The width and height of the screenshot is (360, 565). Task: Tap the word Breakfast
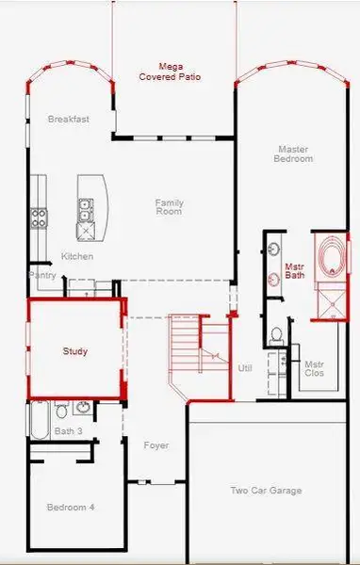pyautogui.click(x=68, y=120)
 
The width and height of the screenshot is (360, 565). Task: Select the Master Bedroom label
pyautogui.click(x=295, y=153)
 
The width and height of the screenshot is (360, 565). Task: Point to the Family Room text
pyautogui.click(x=170, y=206)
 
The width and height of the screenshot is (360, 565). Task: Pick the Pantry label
pyautogui.click(x=43, y=276)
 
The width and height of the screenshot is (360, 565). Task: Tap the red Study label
pyautogui.click(x=75, y=351)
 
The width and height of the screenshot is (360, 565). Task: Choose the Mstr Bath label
pyautogui.click(x=295, y=271)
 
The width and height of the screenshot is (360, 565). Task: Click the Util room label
pyautogui.click(x=245, y=368)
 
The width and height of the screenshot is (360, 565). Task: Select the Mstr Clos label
pyautogui.click(x=315, y=368)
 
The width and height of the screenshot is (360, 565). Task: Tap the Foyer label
pyautogui.click(x=155, y=445)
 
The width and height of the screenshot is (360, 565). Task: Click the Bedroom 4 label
pyautogui.click(x=71, y=508)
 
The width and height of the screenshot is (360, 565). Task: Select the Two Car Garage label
pyautogui.click(x=267, y=491)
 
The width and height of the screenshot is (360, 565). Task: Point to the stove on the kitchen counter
pyautogui.click(x=40, y=218)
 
